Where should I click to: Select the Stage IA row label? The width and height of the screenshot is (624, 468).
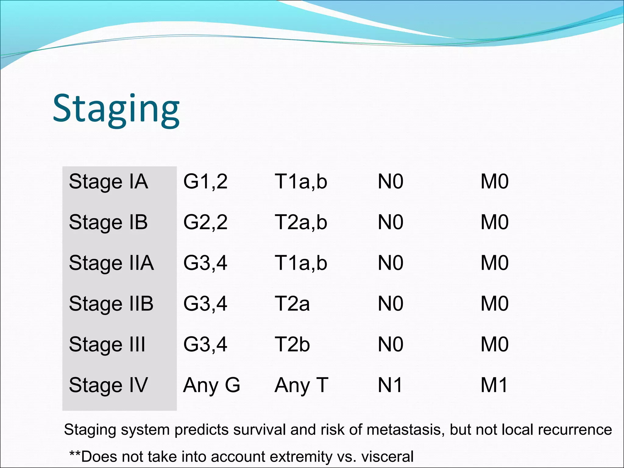tap(108, 182)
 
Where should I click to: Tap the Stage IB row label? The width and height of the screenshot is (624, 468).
tap(108, 222)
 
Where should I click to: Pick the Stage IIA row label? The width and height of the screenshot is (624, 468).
tap(111, 263)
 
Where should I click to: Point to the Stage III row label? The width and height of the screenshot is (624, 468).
tap(107, 345)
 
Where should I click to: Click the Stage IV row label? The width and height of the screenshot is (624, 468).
tap(108, 385)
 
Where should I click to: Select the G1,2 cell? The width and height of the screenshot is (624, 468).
tap(205, 182)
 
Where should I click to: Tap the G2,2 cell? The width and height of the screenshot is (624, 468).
tap(205, 222)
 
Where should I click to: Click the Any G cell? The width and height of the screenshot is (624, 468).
tap(211, 385)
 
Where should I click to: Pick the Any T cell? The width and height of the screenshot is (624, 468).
tap(301, 385)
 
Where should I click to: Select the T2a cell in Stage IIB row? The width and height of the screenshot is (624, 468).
tap(292, 304)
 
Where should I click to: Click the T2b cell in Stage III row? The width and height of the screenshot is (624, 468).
tap(292, 345)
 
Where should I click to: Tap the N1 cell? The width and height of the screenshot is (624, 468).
tap(390, 385)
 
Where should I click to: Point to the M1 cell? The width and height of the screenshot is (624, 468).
tap(494, 385)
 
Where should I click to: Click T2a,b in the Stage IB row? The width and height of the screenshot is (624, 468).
tap(301, 222)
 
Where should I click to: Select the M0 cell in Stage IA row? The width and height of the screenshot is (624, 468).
tap(494, 182)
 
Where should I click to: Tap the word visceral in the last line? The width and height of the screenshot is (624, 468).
tap(387, 457)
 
